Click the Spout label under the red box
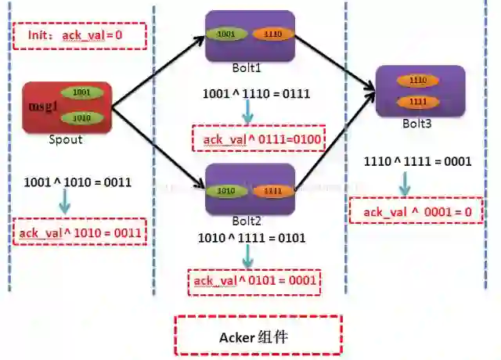point(64,139)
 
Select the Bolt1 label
point(250,67)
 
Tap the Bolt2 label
point(250,221)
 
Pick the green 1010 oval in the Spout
point(85,117)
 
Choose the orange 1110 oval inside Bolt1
point(274,35)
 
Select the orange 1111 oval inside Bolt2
point(273,190)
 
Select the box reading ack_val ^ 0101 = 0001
point(255,281)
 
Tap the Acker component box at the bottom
point(258,337)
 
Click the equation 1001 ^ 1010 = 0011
point(77,182)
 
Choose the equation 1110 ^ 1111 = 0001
point(418,162)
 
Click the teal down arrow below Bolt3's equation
point(405,185)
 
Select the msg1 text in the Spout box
point(43,106)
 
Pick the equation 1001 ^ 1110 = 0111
point(256,94)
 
